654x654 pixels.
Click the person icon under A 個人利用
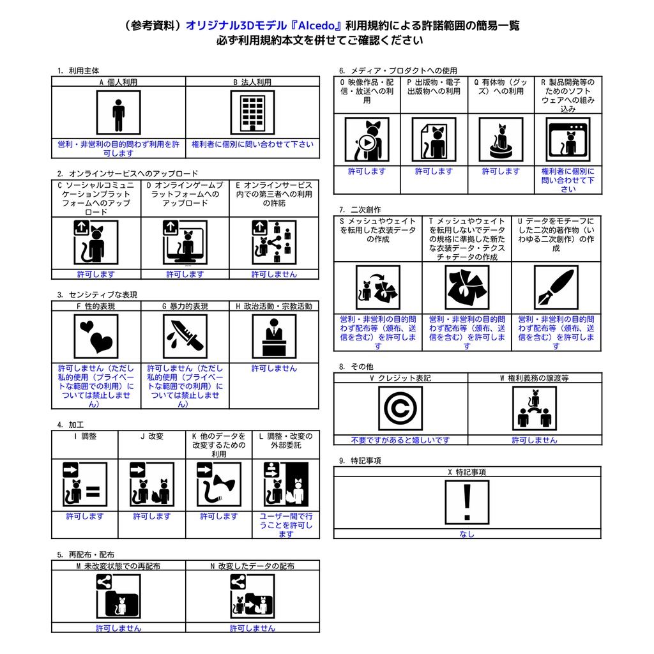click(118, 112)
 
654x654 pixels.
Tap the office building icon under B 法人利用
click(252, 112)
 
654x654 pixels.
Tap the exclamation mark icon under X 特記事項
click(467, 502)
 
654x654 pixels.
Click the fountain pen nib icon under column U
click(556, 287)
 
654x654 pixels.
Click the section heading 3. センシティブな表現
click(97, 295)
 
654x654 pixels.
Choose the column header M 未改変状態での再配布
click(118, 566)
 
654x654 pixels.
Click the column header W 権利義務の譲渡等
click(534, 378)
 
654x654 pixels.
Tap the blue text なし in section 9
click(467, 534)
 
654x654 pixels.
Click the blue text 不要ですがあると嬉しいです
click(400, 440)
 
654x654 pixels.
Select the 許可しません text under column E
click(274, 274)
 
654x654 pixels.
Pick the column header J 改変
click(151, 437)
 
